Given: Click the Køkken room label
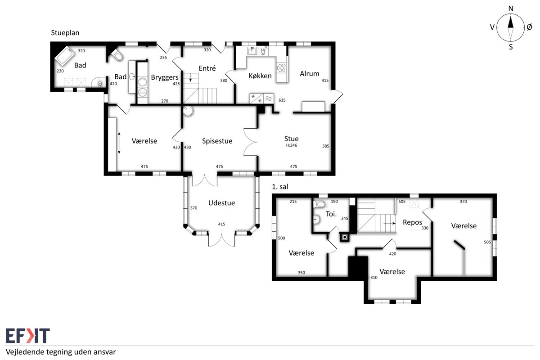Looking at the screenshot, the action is tap(260, 76).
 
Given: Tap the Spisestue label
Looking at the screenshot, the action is tap(217, 141).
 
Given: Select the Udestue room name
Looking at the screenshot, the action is tap(221, 203).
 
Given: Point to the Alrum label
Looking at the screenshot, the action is tap(309, 73).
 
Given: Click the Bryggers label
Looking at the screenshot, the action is tap(165, 77).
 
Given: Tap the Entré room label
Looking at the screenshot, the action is tap(207, 68).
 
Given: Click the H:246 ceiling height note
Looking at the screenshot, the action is tap(292, 145).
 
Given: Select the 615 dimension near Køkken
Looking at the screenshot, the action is tap(282, 100).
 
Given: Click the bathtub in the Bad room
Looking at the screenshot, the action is tap(65, 56).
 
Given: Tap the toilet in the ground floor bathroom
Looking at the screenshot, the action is tap(117, 55).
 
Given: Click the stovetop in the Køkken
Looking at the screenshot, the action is tap(282, 67).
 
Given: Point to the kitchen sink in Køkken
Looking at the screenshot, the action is tap(252, 51).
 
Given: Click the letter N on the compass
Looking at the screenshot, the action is tap(511, 9).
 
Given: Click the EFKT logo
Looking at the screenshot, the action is tap(28, 335).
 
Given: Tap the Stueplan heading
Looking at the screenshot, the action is tap(65, 33).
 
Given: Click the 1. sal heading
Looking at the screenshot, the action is tap(280, 187).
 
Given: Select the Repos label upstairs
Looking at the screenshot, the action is tap(412, 222).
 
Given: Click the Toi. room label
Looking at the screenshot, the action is tap(331, 214).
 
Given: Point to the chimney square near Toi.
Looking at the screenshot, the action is tap(345, 238).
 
